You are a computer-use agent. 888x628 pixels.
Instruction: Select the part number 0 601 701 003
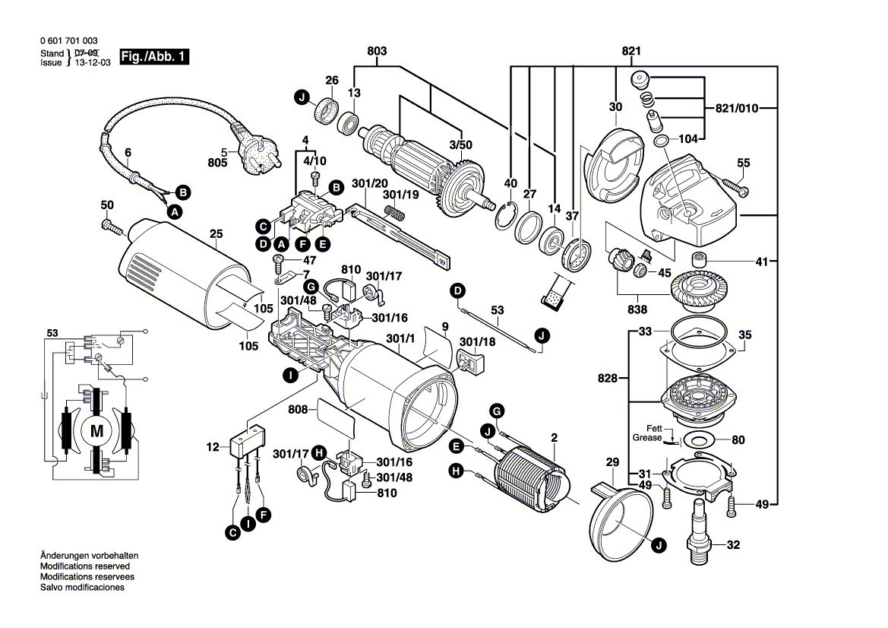pyautogui.click(x=68, y=41)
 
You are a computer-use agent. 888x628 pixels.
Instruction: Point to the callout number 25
pyautogui.click(x=216, y=235)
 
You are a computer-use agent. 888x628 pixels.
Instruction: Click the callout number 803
pyautogui.click(x=377, y=51)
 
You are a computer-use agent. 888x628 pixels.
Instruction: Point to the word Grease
pyautogui.click(x=646, y=439)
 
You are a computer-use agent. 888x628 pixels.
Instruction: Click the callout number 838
pyautogui.click(x=637, y=310)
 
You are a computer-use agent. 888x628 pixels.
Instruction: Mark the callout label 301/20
pyautogui.click(x=369, y=184)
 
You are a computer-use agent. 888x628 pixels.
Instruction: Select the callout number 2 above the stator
pyautogui.click(x=555, y=437)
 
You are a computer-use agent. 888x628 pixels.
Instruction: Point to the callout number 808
pyautogui.click(x=299, y=409)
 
